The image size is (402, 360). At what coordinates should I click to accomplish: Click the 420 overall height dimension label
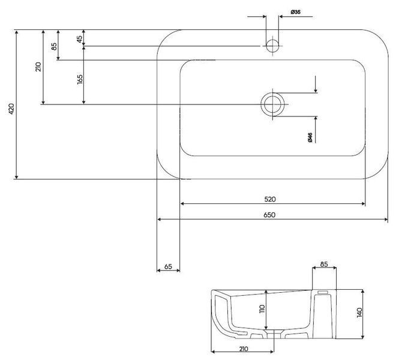[x=11, y=109]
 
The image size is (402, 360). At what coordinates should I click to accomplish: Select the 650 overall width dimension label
[x=269, y=215]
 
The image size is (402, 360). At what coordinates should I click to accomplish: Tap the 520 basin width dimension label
[x=270, y=199]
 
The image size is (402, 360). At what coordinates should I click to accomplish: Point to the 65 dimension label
[x=168, y=266]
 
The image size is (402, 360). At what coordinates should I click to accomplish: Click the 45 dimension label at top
[x=79, y=39]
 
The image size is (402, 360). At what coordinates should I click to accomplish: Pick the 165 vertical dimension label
[x=80, y=80]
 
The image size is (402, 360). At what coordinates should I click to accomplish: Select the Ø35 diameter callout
[x=296, y=12]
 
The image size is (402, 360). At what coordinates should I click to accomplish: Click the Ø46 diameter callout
[x=310, y=137]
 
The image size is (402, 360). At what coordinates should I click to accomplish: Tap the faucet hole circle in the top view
[x=272, y=46]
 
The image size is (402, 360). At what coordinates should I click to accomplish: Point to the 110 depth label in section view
[x=262, y=309]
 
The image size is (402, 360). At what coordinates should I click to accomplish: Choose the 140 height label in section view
[x=359, y=313]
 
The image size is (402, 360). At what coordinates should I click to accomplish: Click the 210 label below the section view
[x=244, y=349]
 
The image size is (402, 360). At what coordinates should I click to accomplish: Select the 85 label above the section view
[x=324, y=264]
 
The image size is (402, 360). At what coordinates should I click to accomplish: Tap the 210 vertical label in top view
[x=38, y=67]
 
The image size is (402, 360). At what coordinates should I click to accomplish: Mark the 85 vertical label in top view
[x=54, y=46]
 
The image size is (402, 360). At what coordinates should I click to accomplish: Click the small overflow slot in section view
[x=323, y=292]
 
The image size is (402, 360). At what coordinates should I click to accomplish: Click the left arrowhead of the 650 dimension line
[x=159, y=220]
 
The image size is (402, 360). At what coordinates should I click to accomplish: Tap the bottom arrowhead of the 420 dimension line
[x=17, y=177]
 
